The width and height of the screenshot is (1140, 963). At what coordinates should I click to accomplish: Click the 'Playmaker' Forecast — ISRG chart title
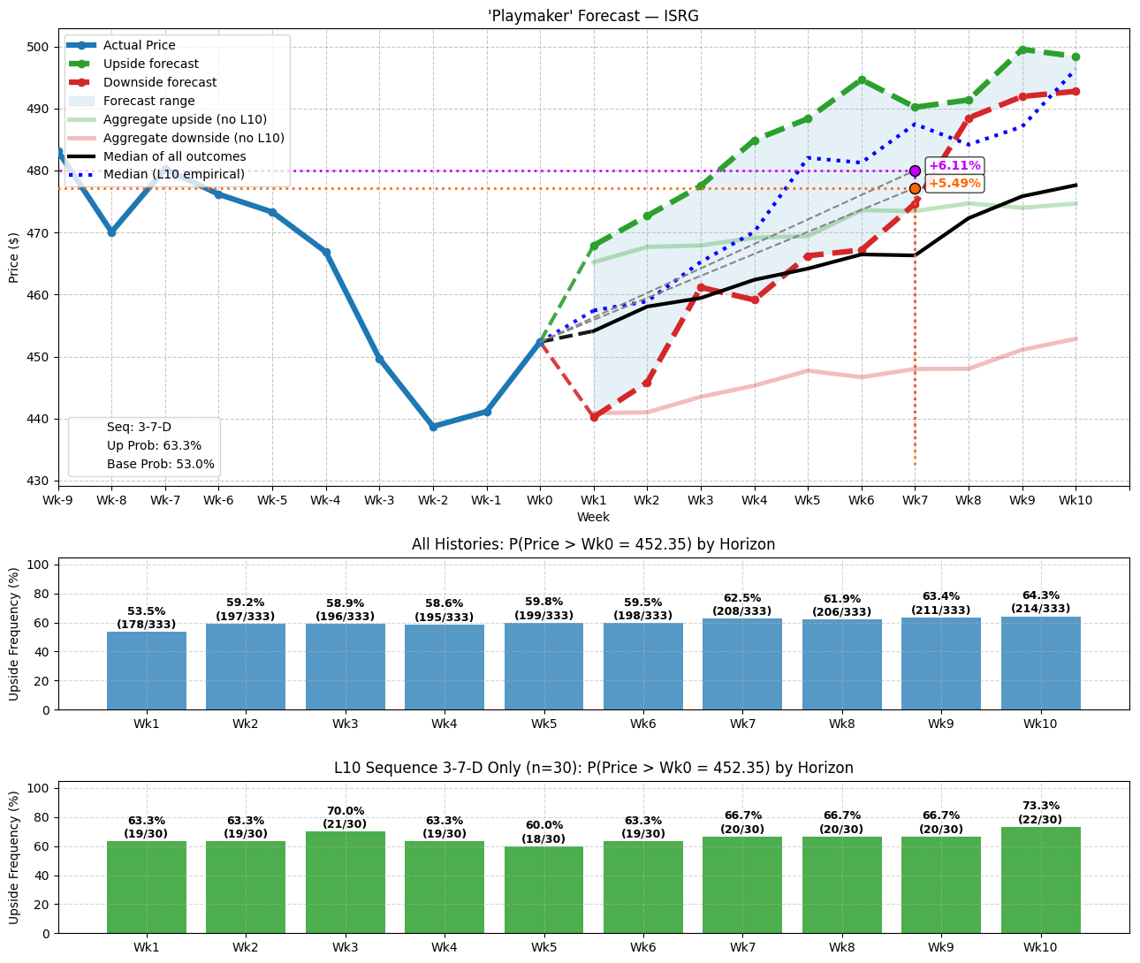tap(593, 15)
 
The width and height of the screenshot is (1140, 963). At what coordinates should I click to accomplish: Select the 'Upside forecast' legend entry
tap(150, 64)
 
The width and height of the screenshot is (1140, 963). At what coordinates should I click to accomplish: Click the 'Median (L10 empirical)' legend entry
tap(173, 175)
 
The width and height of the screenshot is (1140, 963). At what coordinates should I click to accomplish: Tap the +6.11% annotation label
tap(954, 166)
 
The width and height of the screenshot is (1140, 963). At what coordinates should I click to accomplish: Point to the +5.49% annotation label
tap(954, 184)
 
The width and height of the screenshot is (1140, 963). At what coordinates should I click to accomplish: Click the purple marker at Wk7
tap(915, 171)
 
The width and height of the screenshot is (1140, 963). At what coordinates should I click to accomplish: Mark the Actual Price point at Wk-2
tap(433, 427)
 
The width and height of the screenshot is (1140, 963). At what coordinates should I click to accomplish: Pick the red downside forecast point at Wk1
tap(594, 417)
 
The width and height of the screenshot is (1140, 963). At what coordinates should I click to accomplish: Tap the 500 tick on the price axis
tap(41, 47)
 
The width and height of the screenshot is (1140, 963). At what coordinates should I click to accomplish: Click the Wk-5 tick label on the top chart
tap(272, 501)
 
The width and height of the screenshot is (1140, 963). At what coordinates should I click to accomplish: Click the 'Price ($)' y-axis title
tap(13, 257)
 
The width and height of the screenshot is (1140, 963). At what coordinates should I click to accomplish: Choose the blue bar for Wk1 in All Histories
tap(147, 671)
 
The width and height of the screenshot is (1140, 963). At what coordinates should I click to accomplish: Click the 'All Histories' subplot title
tap(593, 544)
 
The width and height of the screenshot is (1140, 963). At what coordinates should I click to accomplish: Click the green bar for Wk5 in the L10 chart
tap(543, 890)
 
